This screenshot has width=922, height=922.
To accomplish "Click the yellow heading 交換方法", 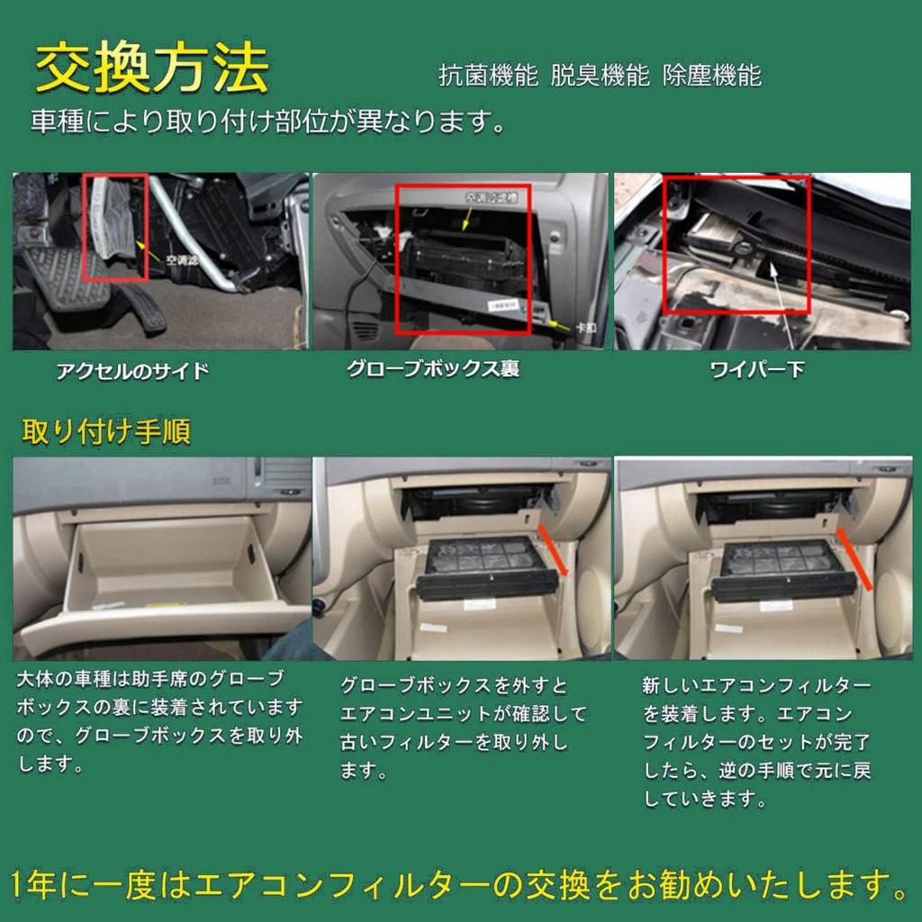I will point(151,68).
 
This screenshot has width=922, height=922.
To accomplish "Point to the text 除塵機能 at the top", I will point(711,76).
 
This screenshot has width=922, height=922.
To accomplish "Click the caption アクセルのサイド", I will point(132,370).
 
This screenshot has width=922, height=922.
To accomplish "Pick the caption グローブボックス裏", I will point(433,369).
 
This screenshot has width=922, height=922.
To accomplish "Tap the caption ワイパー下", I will point(756,369).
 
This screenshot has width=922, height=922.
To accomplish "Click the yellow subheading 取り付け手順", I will point(106,432).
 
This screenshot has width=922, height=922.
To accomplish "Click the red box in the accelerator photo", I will point(114,227).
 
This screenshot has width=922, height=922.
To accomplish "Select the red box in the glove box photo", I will point(463,258).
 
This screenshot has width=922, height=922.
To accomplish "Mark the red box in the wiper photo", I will point(737,244).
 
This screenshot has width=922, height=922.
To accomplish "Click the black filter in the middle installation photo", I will point(484,567).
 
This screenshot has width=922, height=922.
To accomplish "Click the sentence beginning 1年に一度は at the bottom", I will point(459,887).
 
